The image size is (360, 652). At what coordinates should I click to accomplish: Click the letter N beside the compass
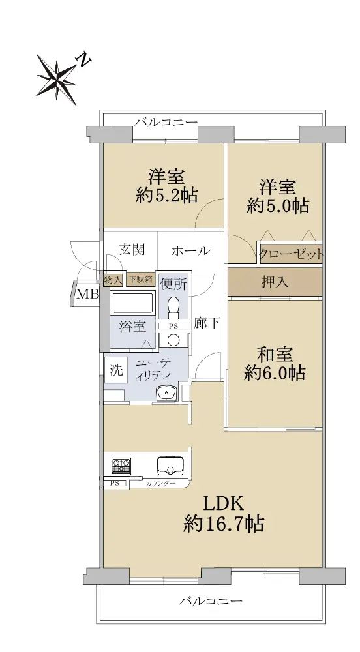[84, 60]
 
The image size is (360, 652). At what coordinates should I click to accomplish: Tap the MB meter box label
[87, 295]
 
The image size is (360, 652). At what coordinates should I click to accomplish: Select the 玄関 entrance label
[132, 250]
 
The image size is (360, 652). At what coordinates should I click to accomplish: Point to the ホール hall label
[191, 251]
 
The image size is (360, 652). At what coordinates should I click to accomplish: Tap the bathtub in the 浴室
[132, 303]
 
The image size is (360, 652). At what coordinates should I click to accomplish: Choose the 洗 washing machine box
[116, 370]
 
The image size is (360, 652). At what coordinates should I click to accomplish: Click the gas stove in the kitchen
[121, 466]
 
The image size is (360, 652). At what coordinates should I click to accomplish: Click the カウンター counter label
[160, 484]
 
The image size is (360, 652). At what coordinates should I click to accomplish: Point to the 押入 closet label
[275, 282]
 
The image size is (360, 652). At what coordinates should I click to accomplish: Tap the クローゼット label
[291, 254]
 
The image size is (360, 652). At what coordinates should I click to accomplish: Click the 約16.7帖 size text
[223, 524]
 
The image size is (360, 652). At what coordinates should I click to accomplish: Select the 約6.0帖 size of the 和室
[275, 373]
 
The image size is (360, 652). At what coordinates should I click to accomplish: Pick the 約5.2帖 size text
[166, 194]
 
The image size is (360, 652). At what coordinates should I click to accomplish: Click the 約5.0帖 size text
[278, 205]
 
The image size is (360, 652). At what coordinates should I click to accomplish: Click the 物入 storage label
[113, 280]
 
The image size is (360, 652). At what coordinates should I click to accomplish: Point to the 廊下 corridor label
[207, 323]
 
